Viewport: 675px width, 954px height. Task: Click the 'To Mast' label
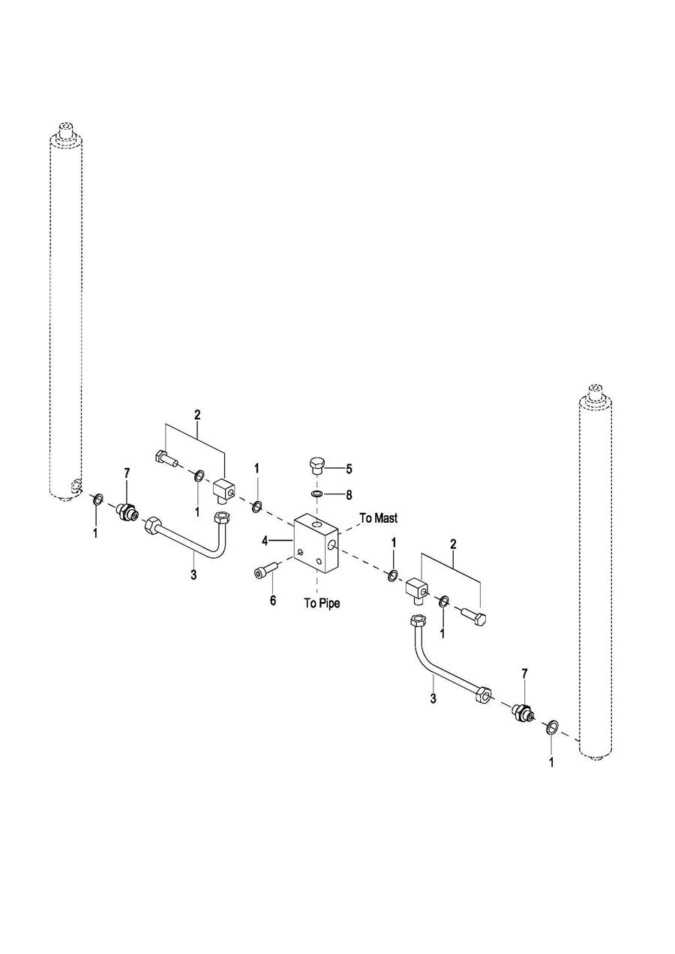pos(379,518)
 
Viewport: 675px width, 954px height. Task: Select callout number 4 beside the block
pos(265,541)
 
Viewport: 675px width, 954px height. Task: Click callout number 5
pos(349,469)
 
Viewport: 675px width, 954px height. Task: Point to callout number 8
pos(349,495)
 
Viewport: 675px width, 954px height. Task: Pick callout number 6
pos(273,601)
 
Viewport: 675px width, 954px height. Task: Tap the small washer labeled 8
pos(316,494)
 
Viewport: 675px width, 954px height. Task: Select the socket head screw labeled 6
pos(266,569)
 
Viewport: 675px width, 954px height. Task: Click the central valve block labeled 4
pos(316,542)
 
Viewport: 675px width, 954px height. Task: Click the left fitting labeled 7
pos(127,511)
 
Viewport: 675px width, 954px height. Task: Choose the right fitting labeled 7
pos(523,712)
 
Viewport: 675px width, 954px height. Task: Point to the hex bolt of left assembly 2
pos(166,459)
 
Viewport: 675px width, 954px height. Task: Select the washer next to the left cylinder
pos(98,498)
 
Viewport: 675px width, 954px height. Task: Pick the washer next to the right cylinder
pos(553,727)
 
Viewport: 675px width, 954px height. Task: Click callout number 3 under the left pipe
pos(193,574)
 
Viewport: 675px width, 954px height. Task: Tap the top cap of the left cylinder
pos(66,132)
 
